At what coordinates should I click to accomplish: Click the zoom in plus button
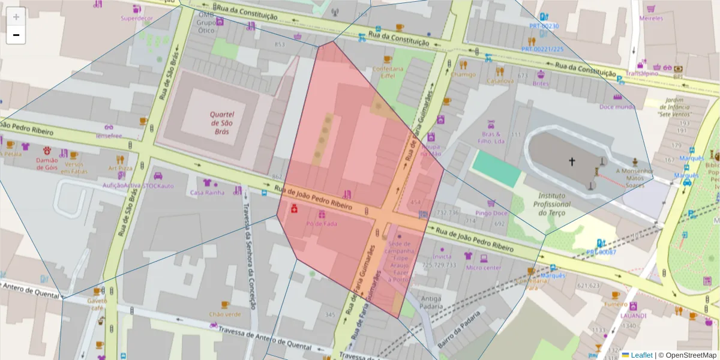(16, 17)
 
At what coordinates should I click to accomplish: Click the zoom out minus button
(16, 35)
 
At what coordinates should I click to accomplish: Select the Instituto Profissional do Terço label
(551, 204)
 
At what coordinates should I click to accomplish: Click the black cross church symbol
(572, 161)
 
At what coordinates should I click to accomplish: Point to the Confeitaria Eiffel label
(388, 73)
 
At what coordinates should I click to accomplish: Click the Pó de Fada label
(322, 224)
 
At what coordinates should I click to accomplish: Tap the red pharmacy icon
(295, 209)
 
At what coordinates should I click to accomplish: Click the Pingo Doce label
(491, 213)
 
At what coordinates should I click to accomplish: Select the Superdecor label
(137, 19)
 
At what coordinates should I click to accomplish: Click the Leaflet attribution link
(641, 355)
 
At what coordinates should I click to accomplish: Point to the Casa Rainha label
(207, 193)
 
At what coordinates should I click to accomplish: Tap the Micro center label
(483, 268)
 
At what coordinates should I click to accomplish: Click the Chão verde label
(225, 314)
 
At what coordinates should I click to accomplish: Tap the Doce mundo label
(617, 107)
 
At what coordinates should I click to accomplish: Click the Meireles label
(651, 19)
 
